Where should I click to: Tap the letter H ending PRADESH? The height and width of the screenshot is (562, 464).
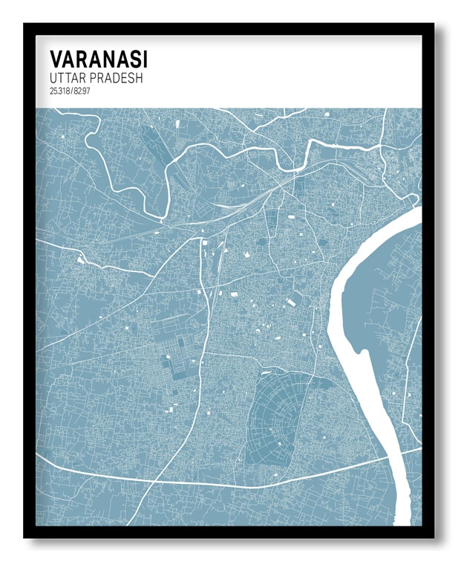click(x=138, y=77)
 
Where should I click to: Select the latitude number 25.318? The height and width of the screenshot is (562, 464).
click(x=59, y=91)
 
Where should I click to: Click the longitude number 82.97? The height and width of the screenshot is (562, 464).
click(x=80, y=91)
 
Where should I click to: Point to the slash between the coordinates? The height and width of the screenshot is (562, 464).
click(x=71, y=91)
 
